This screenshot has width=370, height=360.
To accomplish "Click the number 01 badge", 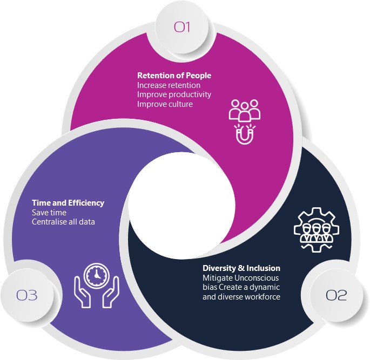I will pyautogui.click(x=182, y=26).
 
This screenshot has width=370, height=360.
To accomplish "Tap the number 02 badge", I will pyautogui.click(x=336, y=295).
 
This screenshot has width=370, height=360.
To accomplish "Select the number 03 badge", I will pyautogui.click(x=27, y=295).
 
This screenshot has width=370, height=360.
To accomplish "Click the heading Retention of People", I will pyautogui.click(x=174, y=76).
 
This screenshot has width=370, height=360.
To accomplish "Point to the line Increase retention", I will pyautogui.click(x=169, y=85).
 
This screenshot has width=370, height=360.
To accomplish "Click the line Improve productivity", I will pyautogui.click(x=174, y=94).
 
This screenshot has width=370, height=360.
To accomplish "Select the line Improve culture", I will pyautogui.click(x=165, y=104).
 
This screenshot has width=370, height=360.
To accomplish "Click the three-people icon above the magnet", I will pyautogui.click(x=245, y=111).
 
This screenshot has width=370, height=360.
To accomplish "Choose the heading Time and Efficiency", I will pyautogui.click(x=68, y=203).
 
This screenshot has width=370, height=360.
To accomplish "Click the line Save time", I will pyautogui.click(x=49, y=213).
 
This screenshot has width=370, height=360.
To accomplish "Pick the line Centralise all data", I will pyautogui.click(x=63, y=222).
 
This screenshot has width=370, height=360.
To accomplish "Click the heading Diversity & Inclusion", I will pyautogui.click(x=241, y=268).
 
